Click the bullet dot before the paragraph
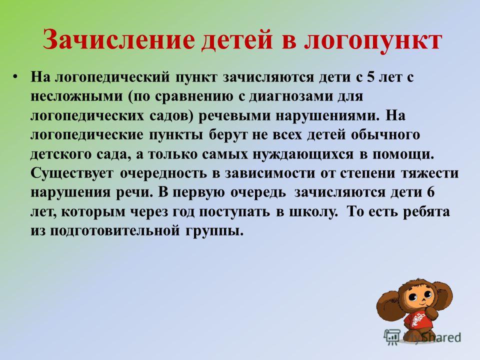click(x=15, y=76)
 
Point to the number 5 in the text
click(x=370, y=77)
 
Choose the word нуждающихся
click(x=303, y=155)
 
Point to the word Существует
click(x=72, y=173)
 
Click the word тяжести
click(x=429, y=173)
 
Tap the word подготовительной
click(x=114, y=231)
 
